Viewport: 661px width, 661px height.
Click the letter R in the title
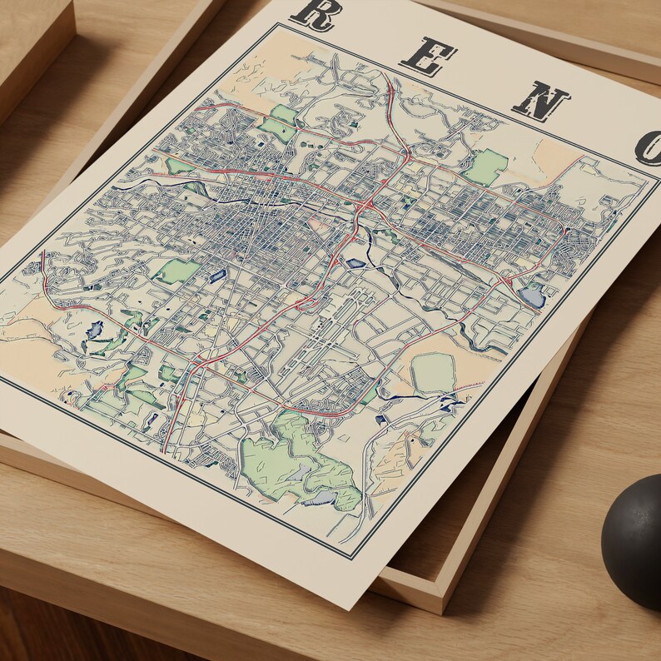pos(315,13)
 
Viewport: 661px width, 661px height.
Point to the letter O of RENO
pos(649,147)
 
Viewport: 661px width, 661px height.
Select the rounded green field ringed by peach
pos(433,372)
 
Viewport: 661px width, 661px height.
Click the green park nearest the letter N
pos(486,167)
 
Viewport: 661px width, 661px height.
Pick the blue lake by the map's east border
pos(530,296)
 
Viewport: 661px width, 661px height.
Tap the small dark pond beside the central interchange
pos(355,263)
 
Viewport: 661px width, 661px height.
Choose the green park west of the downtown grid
pos(176,271)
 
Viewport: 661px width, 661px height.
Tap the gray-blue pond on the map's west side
pos(94,329)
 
